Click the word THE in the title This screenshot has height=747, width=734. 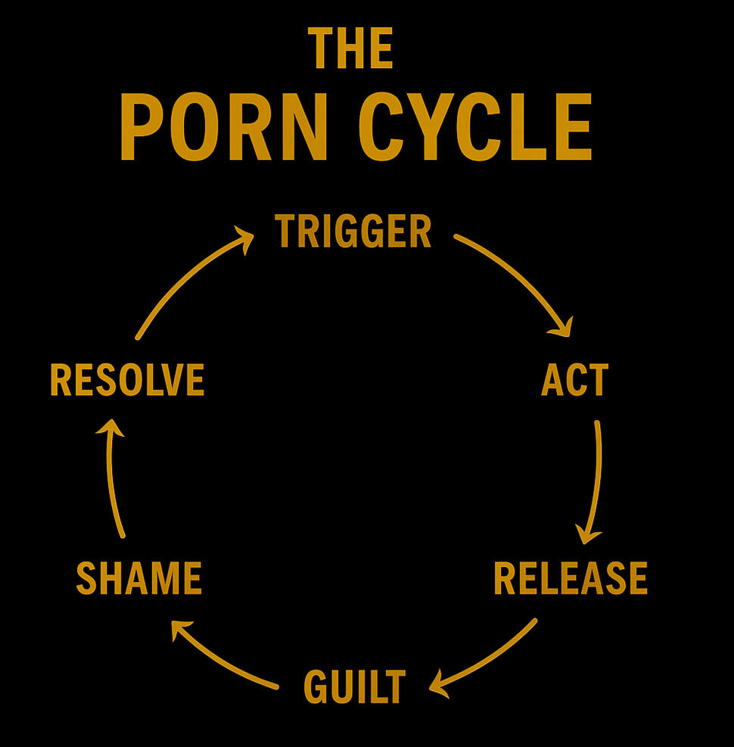[351, 48]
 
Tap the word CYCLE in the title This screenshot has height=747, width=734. [474, 127]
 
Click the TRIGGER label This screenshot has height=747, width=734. [353, 232]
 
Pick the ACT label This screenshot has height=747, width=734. [574, 380]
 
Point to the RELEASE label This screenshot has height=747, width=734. [571, 578]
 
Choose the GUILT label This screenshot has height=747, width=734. [354, 686]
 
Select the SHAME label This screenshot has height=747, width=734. [139, 578]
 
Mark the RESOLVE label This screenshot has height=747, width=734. [127, 380]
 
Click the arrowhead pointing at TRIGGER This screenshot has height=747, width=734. [244, 239]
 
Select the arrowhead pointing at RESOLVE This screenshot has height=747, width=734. [110, 428]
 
